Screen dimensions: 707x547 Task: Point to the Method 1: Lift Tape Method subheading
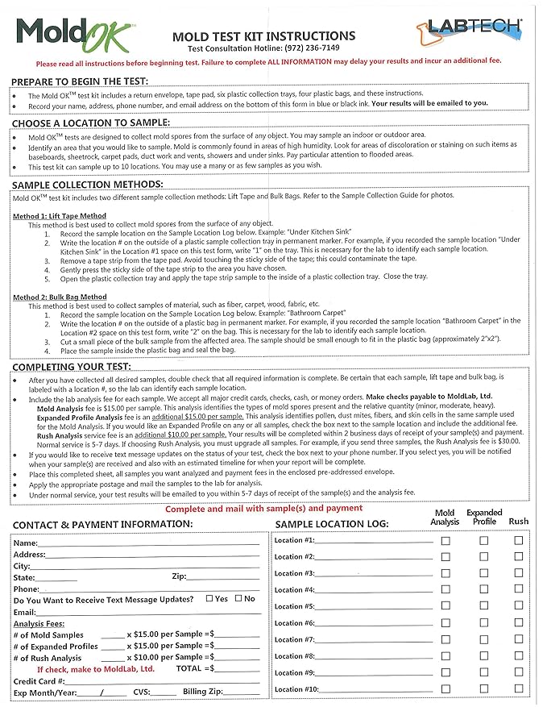click(60, 216)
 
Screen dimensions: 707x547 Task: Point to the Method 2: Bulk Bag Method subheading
click(60, 297)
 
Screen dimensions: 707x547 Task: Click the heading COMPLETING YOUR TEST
click(77, 367)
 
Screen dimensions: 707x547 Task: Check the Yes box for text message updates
click(209, 599)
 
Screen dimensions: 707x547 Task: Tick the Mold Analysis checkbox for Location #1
click(445, 541)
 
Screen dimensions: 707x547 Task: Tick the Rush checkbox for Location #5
click(519, 607)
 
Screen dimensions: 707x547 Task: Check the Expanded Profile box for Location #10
click(484, 690)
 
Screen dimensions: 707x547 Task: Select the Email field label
click(25, 613)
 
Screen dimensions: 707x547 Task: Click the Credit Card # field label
click(41, 681)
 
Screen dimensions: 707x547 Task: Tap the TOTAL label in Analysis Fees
click(189, 669)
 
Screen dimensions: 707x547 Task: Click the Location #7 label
click(294, 640)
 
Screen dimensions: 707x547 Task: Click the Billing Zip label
click(202, 692)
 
